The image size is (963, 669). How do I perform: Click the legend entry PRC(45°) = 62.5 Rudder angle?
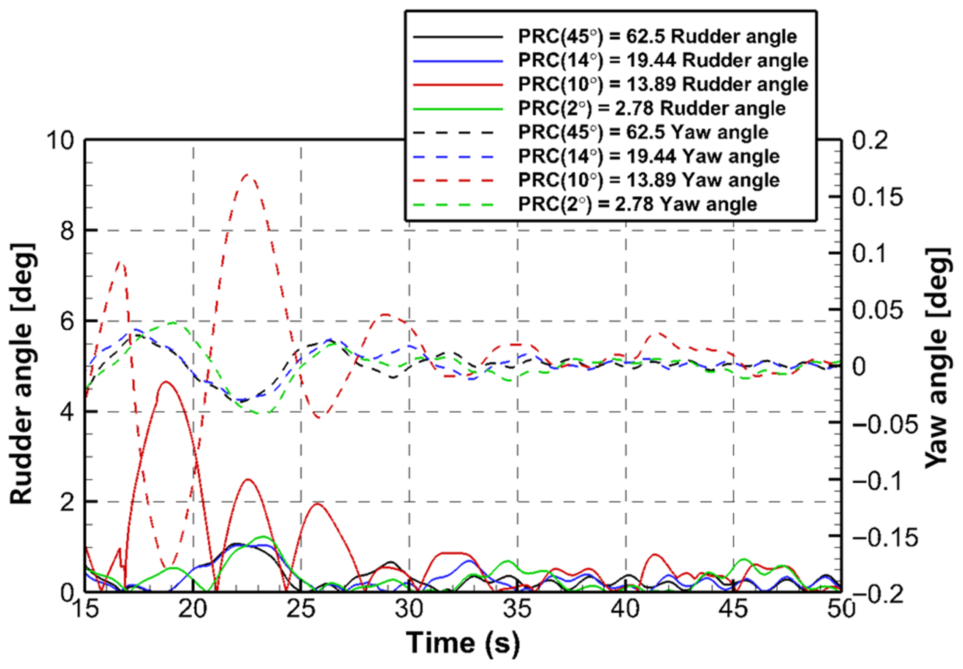[657, 37]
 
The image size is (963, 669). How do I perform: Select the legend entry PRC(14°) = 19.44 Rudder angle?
[663, 61]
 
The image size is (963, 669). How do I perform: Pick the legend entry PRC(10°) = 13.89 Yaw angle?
[649, 180]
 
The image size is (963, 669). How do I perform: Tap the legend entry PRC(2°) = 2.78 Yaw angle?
[637, 204]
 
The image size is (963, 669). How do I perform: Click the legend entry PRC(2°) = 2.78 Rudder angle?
[652, 109]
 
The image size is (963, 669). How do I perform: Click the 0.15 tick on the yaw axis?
[878, 197]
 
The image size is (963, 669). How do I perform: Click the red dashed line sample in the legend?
[458, 180]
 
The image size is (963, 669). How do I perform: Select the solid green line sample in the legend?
[458, 109]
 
